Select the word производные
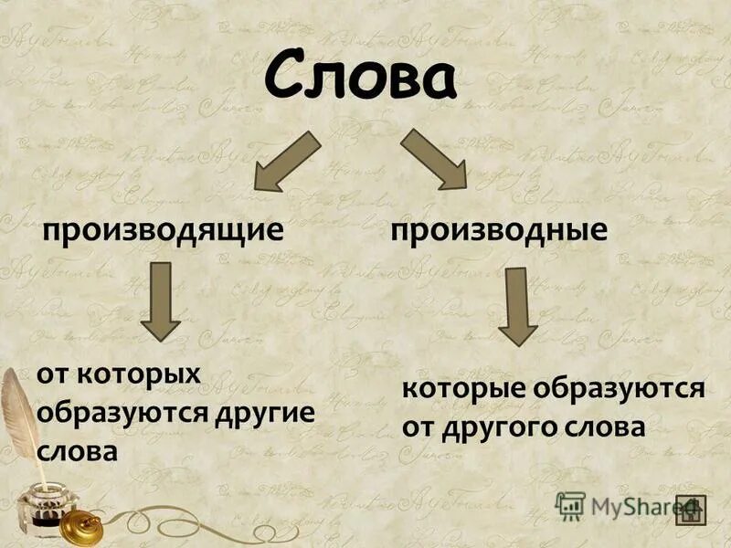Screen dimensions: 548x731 click(499, 229)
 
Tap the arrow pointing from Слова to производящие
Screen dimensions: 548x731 click(285, 162)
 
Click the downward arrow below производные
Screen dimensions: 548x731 click(517, 305)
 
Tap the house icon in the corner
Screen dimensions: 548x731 click(692, 509)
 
